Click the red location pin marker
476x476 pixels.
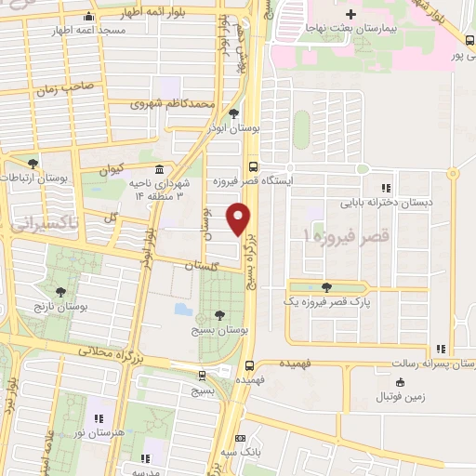240,220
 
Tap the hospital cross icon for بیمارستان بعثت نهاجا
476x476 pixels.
350,15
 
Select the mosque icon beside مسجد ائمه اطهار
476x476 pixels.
88,17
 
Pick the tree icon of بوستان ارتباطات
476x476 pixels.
33,164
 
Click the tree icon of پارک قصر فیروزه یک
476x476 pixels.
325,286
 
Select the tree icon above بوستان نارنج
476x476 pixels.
61,292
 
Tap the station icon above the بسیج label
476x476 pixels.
202,375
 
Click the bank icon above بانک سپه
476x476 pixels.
241,438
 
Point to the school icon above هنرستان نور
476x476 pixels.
98,416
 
